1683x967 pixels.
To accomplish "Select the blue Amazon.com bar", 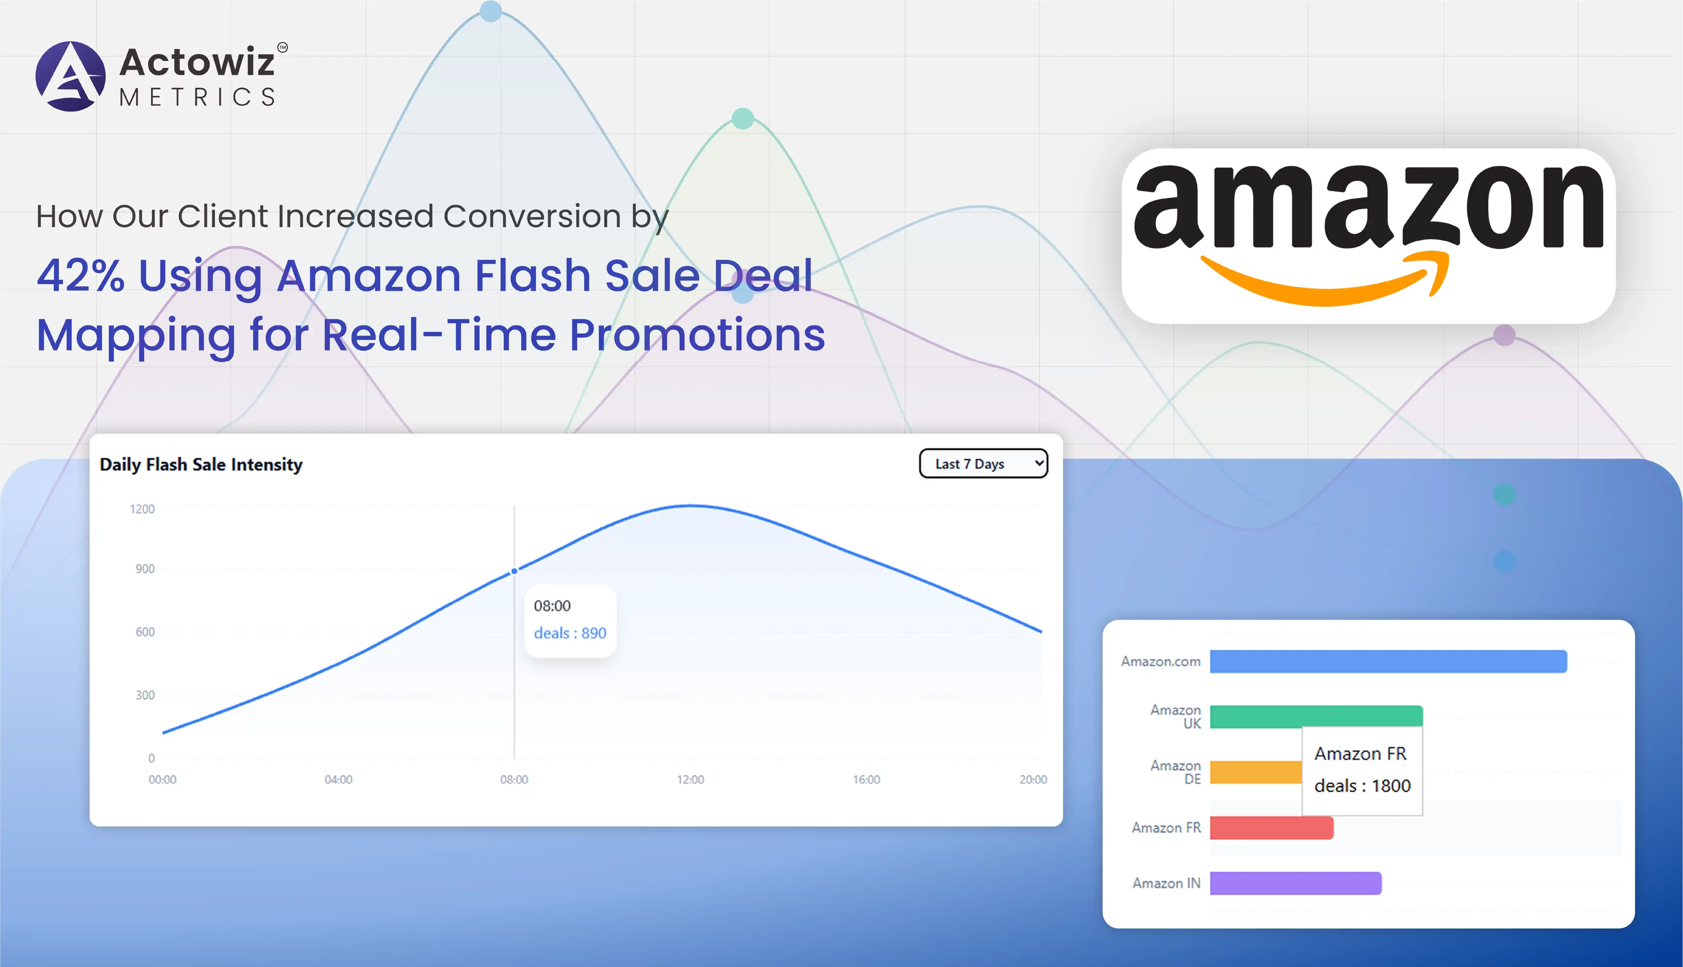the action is pyautogui.click(x=1388, y=661).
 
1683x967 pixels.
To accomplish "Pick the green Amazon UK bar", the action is pyautogui.click(x=1316, y=717).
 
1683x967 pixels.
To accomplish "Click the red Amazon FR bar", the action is pyautogui.click(x=1271, y=827).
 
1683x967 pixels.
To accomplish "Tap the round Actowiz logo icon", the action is pyautogui.click(x=70, y=76).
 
